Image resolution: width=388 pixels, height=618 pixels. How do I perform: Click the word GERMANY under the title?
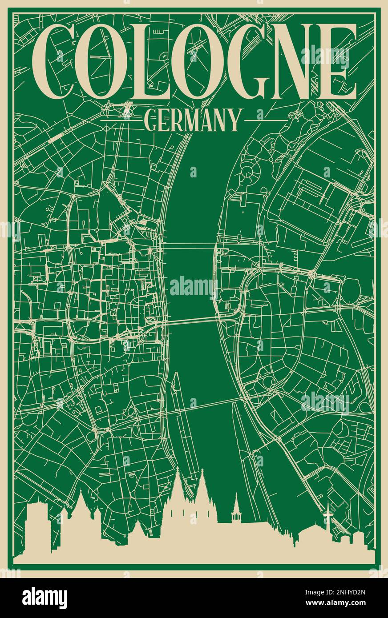pyautogui.click(x=193, y=120)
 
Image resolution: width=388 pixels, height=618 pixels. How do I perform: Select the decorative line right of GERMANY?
pyautogui.click(x=266, y=120)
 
